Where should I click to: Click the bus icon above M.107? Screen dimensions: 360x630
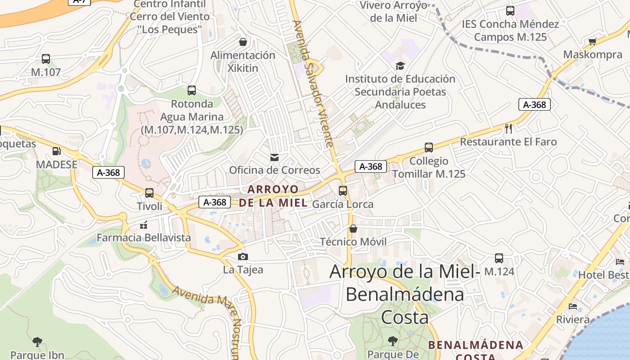[x=46, y=59]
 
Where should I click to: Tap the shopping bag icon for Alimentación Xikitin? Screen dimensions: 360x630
[x=243, y=42]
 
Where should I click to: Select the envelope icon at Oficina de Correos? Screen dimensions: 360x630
[x=274, y=157]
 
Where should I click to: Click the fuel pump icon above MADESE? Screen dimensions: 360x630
[x=57, y=152]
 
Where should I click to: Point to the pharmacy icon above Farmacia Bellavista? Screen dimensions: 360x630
[x=144, y=224]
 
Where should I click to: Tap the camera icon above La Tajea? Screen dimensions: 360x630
[x=243, y=257]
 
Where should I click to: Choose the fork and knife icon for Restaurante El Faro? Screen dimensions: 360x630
[x=508, y=129]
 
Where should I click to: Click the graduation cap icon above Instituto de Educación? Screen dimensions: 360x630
[x=400, y=66]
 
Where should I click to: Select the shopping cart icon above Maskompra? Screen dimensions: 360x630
[x=593, y=42]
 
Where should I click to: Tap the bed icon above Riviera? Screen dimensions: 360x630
[x=573, y=306]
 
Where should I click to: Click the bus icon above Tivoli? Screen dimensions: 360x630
[x=149, y=193]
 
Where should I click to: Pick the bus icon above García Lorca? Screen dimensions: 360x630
[x=343, y=191]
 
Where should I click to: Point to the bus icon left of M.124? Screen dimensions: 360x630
[x=499, y=258]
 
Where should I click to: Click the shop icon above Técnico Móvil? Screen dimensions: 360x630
[x=353, y=229]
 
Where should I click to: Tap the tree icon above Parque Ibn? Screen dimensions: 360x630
[x=37, y=342]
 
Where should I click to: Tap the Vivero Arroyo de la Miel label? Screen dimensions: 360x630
[x=394, y=12]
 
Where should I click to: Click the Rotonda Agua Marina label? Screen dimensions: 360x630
[x=192, y=117]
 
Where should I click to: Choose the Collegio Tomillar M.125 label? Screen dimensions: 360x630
[x=429, y=167]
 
